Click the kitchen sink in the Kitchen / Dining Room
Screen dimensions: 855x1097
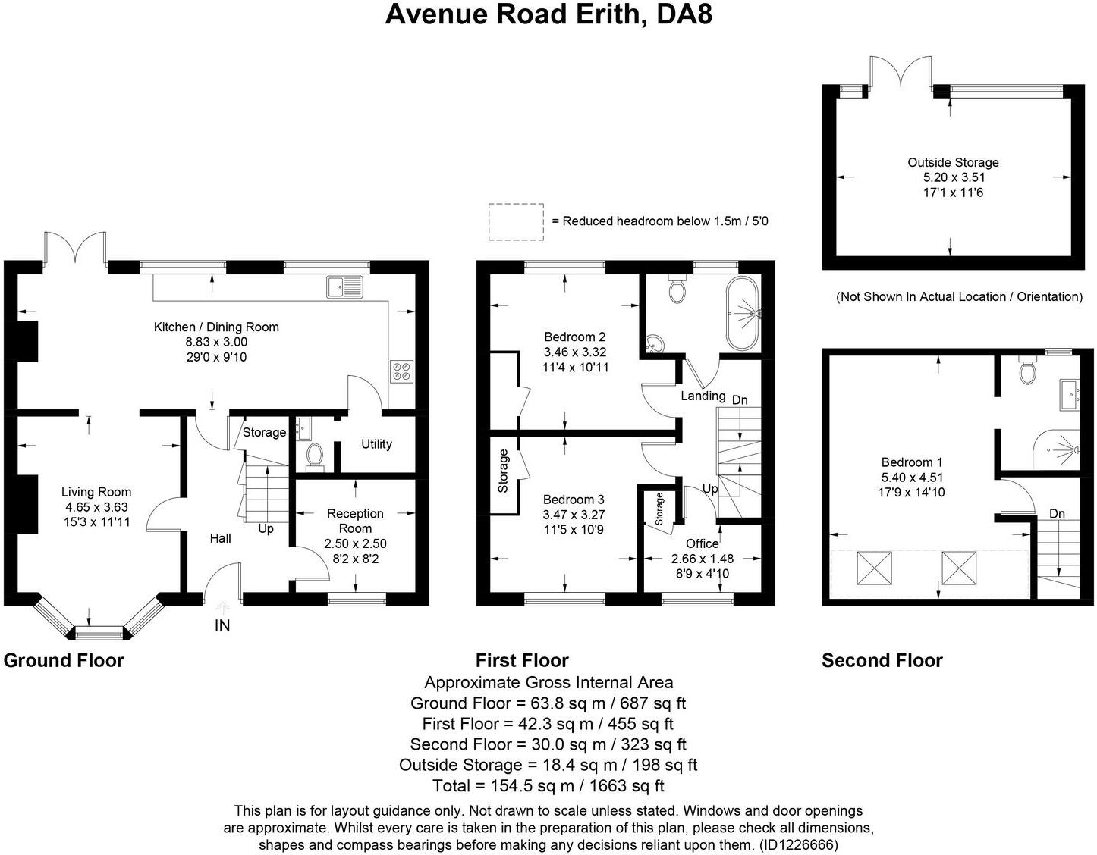pos(345,287)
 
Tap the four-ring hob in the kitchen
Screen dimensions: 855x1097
pos(401,371)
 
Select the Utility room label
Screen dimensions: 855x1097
pos(376,444)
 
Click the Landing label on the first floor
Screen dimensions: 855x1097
pos(703,396)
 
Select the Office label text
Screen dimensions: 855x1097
pos(702,543)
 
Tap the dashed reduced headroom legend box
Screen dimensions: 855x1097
pos(516,222)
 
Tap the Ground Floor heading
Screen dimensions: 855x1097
pos(64,660)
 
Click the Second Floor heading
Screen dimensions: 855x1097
pos(882,660)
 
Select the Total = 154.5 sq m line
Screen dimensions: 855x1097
pos(548,785)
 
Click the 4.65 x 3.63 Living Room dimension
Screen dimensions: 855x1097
pos(96,507)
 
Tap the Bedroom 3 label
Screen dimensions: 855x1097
pos(574,500)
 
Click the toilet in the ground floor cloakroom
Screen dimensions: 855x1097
pos(314,456)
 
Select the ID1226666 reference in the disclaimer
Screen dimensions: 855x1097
pos(794,844)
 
